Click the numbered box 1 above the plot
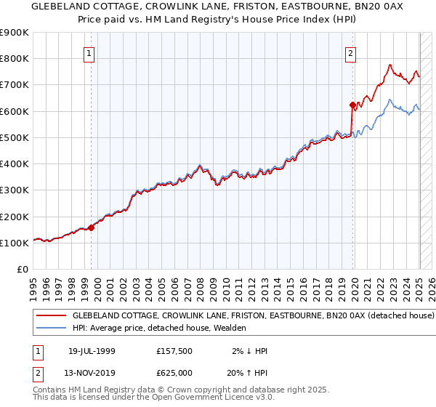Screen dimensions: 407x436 tap(89, 52)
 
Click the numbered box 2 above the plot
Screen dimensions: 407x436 tap(350, 52)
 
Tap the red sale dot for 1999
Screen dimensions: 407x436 tap(92, 227)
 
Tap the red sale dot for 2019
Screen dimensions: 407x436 tap(352, 105)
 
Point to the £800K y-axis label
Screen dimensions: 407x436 tap(15, 59)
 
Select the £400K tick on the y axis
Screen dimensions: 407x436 tap(15, 164)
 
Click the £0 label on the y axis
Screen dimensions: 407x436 tap(23, 269)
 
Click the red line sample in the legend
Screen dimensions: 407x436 tap(51, 316)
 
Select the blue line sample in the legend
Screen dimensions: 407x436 tap(51, 329)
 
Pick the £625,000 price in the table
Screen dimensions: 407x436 tap(174, 373)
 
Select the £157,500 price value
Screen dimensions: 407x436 tap(174, 351)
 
